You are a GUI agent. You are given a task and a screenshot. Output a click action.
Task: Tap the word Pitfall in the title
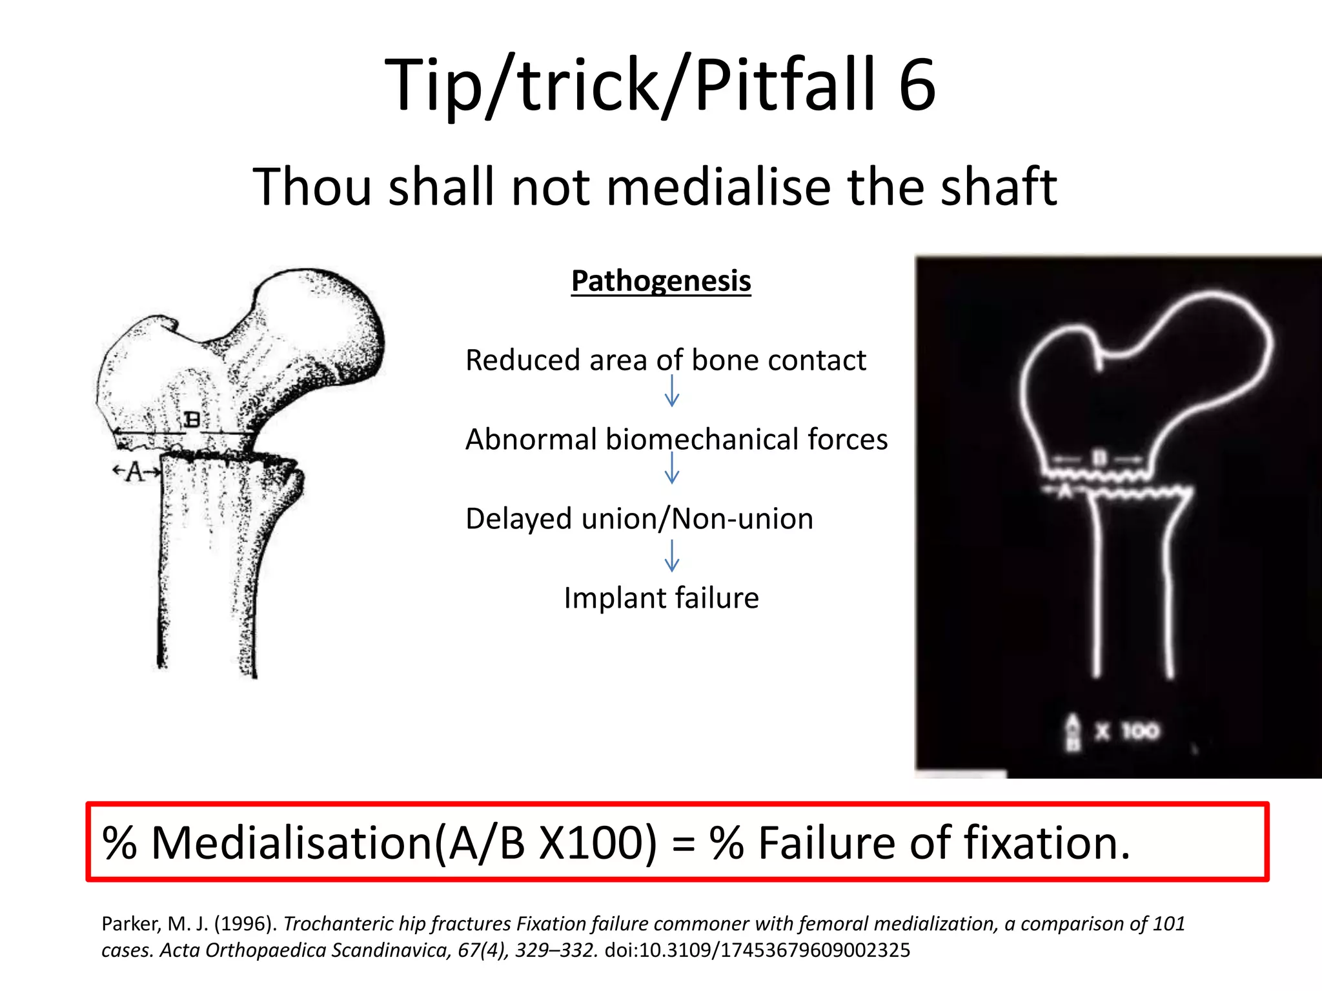(x=784, y=85)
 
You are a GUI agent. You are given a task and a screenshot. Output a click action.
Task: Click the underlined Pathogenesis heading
(x=661, y=281)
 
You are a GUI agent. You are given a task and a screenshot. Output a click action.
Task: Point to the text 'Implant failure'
(x=661, y=598)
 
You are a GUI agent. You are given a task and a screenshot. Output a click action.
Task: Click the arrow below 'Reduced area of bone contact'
(x=672, y=391)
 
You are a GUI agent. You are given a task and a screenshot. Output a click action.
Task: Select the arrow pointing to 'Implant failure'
(x=672, y=556)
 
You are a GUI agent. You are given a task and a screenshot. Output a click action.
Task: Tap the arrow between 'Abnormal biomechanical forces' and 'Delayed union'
(x=672, y=468)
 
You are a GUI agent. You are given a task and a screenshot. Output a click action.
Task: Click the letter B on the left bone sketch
(x=192, y=420)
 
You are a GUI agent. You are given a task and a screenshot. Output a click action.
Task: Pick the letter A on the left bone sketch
(x=136, y=472)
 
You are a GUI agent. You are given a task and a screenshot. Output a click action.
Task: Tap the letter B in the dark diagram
(x=1099, y=459)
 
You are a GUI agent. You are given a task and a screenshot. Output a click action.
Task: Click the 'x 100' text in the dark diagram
(x=1126, y=732)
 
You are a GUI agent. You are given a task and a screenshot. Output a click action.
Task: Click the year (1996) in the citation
(x=245, y=924)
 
